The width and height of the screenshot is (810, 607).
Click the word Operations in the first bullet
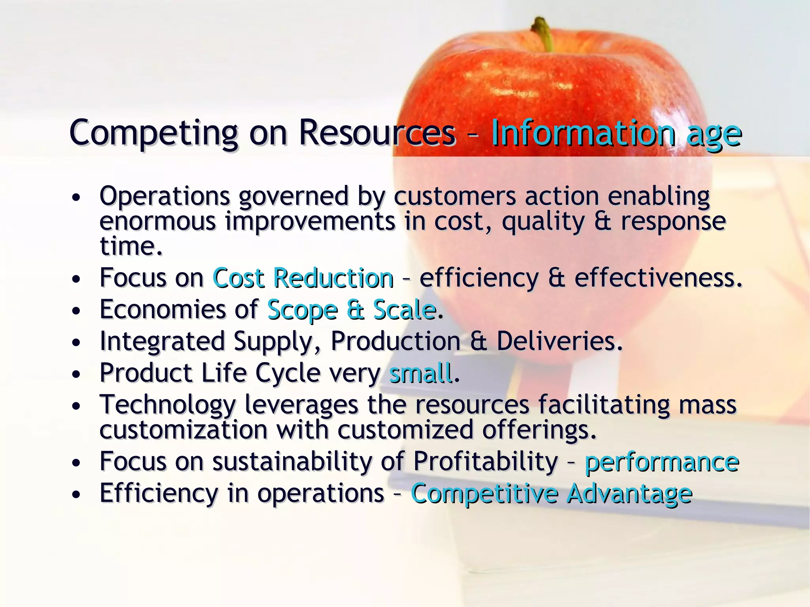[x=165, y=196]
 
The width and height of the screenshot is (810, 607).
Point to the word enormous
[x=157, y=221]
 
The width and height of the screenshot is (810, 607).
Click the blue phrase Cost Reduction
[x=303, y=278]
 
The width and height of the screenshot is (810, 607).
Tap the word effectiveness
[x=658, y=278]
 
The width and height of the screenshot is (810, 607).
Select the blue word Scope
[x=303, y=310]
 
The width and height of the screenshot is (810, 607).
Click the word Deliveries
[x=559, y=341]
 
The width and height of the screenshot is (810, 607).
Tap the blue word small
[x=420, y=373]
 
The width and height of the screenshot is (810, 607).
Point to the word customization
[x=184, y=430]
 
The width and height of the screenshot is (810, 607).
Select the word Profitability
[x=485, y=462]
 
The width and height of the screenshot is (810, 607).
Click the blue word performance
[x=662, y=462]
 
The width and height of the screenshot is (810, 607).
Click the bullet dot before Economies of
[x=76, y=311]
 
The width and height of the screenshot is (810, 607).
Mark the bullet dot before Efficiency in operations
[x=76, y=494]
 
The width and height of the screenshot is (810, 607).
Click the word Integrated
[x=162, y=342]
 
